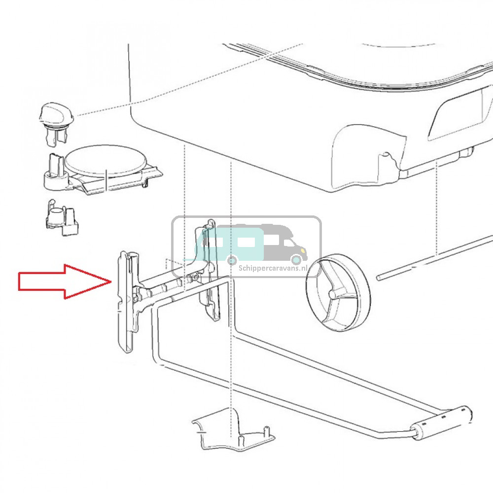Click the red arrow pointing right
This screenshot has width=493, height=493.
point(63,282)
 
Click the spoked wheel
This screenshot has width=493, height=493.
point(338,292)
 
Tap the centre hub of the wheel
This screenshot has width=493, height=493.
point(332,294)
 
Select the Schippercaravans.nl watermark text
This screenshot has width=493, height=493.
point(273,268)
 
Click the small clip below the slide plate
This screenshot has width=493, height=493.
point(62,217)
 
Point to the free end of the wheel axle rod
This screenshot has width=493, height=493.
point(379,277)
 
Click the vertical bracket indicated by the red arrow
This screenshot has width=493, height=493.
point(127,302)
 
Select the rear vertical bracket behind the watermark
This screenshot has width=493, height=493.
point(208,270)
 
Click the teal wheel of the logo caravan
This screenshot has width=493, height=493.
point(232,260)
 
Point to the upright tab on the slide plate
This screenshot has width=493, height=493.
point(55,165)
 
